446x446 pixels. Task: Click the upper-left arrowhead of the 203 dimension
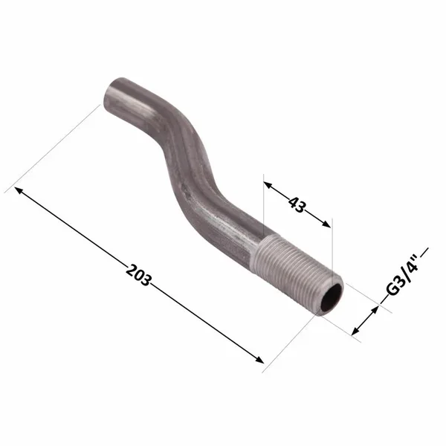[x=19, y=190]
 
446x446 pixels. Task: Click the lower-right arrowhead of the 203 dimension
[x=259, y=359]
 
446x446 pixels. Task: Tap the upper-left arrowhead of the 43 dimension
[x=268, y=185]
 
